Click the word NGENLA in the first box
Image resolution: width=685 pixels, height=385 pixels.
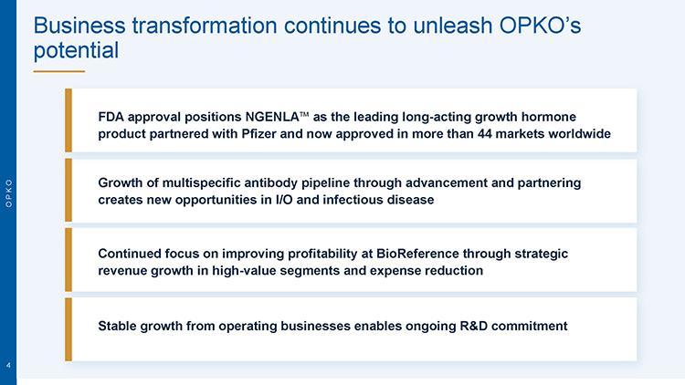tap(272, 117)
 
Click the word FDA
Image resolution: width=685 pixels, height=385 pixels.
tap(111, 117)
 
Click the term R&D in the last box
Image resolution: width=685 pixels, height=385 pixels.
tap(473, 326)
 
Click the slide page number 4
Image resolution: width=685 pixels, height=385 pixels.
tap(8, 365)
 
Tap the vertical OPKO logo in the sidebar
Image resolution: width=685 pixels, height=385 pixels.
tap(9, 192)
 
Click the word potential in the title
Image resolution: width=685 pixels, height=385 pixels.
tap(76, 51)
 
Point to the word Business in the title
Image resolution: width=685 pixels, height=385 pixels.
tap(79, 26)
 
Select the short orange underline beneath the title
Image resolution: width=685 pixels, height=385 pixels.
tap(59, 71)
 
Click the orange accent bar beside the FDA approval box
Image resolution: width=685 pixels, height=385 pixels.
tap(68, 120)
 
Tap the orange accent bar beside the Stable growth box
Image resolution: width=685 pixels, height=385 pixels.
tap(68, 329)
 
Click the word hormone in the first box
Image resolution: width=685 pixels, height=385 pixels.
tap(549, 117)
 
